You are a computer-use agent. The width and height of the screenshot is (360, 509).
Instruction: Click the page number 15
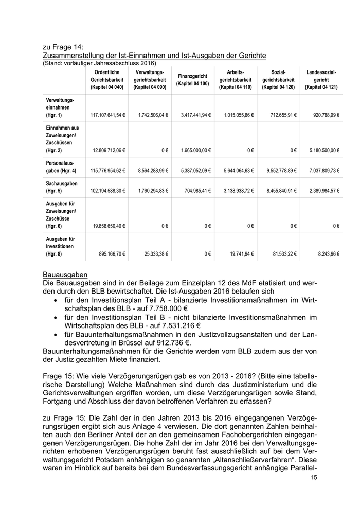(314, 478)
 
